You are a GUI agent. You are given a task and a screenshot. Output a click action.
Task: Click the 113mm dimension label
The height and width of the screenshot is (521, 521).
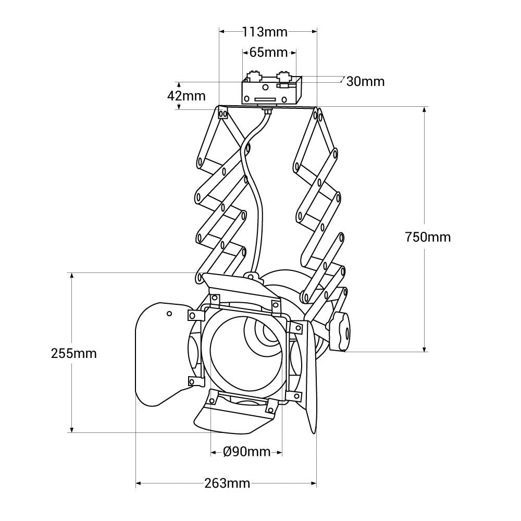tap(265, 32)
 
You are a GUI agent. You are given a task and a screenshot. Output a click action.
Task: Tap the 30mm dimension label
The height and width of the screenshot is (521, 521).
tap(365, 81)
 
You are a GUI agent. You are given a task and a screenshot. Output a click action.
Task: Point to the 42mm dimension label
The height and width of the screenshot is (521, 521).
tap(186, 96)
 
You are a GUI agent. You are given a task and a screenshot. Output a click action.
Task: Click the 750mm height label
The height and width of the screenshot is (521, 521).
tap(428, 237)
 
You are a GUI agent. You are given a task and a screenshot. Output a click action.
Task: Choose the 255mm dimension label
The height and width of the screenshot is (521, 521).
tap(74, 353)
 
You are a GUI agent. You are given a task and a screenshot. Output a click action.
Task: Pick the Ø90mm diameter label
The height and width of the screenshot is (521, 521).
tap(247, 452)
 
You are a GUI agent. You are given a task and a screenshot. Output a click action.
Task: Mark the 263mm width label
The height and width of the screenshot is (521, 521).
tap(227, 483)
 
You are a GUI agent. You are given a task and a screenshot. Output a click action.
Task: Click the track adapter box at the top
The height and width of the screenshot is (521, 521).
tap(271, 91)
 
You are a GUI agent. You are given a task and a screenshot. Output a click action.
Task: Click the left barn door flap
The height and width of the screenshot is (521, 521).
tap(159, 354)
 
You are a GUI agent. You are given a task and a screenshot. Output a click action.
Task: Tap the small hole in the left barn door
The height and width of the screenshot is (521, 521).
tap(169, 314)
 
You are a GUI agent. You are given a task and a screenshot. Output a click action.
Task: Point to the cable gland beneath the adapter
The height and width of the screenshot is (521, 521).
tap(268, 110)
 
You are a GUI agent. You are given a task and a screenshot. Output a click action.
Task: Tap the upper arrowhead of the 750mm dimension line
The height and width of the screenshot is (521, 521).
tap(425, 110)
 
